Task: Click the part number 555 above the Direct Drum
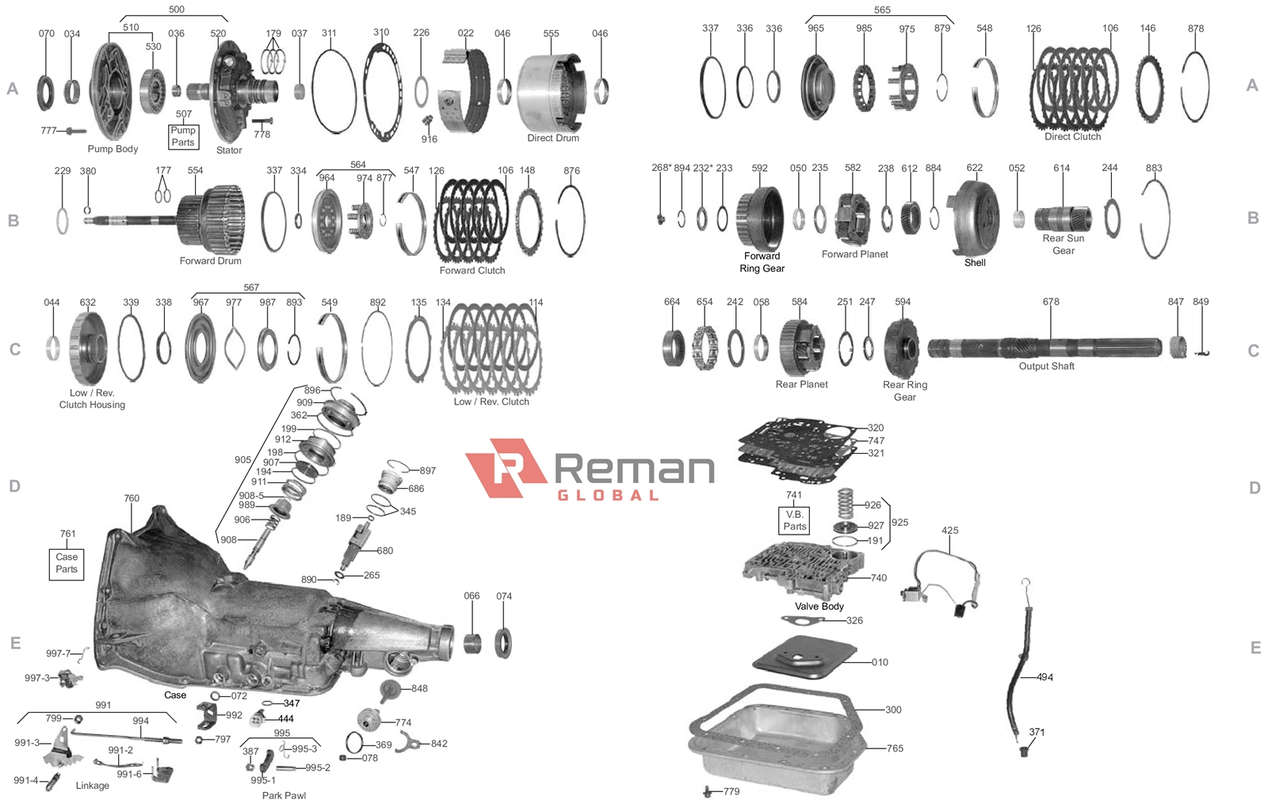551,33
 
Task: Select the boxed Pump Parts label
183,136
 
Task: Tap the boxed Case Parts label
67,564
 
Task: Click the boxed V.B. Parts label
794,520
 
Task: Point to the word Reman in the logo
635,468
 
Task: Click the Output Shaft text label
1046,366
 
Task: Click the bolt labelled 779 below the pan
708,792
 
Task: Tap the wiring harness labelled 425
941,583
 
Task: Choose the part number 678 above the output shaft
1051,302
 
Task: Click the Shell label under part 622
975,262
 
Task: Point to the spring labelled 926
845,503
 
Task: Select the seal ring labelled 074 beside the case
503,643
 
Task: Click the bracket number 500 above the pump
177,9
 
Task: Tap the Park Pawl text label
284,795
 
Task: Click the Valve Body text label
819,607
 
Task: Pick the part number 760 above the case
132,498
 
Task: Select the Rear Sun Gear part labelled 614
1063,219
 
